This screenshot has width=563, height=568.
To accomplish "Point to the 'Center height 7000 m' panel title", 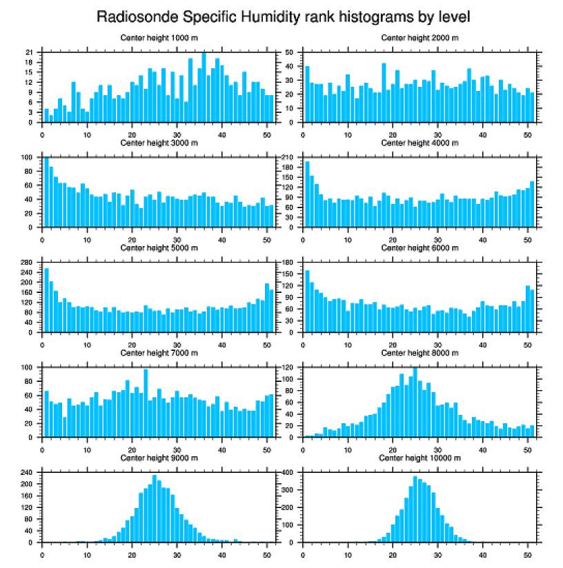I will click(x=159, y=353).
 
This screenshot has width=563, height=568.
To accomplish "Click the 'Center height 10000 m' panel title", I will click(x=419, y=458).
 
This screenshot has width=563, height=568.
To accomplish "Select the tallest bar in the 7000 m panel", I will click(x=146, y=403).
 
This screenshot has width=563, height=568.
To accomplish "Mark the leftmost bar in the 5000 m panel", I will click(x=47, y=300).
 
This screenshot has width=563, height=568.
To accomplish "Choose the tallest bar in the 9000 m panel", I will click(x=155, y=508).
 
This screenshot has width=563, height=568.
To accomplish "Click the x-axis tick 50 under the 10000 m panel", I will click(x=526, y=552).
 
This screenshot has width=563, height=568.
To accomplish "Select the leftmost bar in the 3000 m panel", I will click(x=47, y=192).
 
